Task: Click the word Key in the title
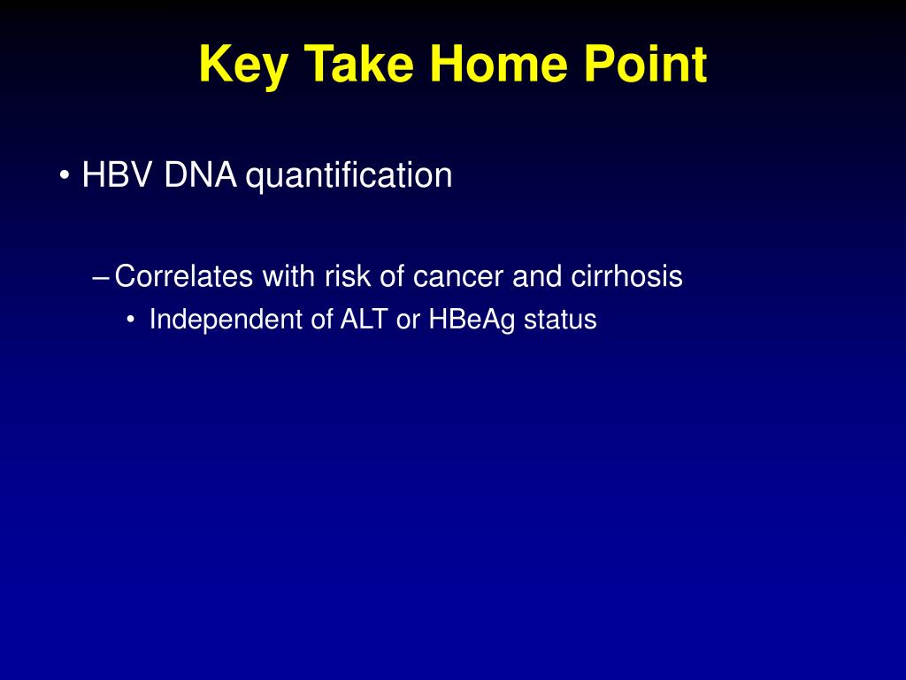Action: (243, 66)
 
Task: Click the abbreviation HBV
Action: (119, 174)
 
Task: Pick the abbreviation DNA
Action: (201, 174)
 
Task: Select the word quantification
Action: (349, 176)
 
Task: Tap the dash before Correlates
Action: (100, 277)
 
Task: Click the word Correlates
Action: (184, 276)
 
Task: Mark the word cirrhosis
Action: (626, 276)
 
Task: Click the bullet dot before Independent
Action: (132, 320)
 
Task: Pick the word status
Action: (560, 320)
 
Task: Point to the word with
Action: (288, 276)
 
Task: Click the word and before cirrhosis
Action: (537, 276)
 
